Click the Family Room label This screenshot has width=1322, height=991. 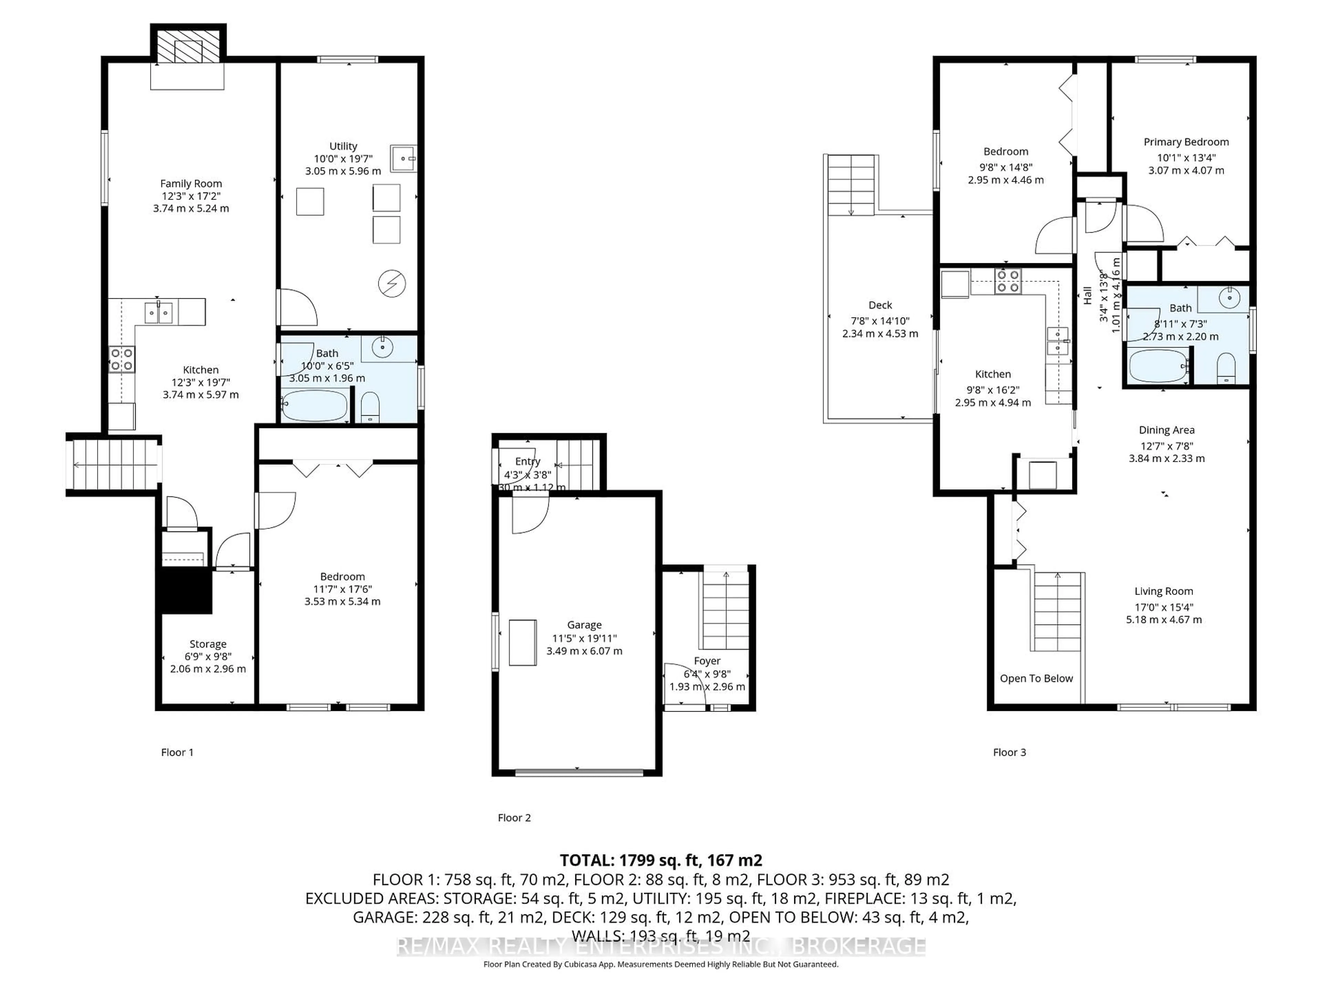click(x=191, y=183)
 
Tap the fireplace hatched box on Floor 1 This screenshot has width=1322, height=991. click(x=188, y=45)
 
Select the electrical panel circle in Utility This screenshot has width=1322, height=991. click(x=392, y=284)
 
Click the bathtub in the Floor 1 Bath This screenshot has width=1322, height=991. click(x=314, y=406)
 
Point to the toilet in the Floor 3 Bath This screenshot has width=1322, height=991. click(x=1226, y=368)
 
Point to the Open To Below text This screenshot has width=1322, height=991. click(x=1036, y=679)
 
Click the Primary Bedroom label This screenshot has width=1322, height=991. click(x=1186, y=142)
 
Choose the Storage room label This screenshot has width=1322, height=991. click(x=208, y=644)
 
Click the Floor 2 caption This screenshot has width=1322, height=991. click(x=514, y=818)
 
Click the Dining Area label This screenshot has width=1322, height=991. click(x=1166, y=430)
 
